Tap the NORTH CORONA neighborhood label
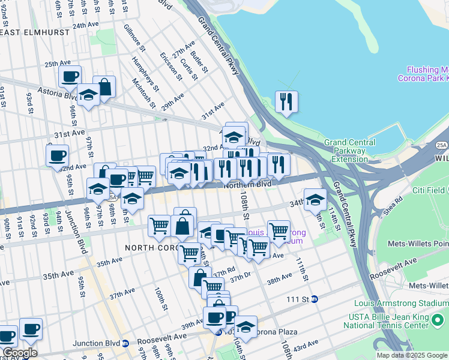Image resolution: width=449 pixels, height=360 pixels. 151,247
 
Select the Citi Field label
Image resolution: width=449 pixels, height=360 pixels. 428,190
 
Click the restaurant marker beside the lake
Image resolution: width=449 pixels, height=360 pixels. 286,101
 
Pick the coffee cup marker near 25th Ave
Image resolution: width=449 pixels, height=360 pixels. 70,77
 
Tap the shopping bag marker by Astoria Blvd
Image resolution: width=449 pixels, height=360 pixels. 104,87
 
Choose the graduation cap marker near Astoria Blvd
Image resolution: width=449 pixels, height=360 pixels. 88,97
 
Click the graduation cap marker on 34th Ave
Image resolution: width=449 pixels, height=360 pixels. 315,200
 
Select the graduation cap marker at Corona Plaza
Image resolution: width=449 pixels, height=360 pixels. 245,327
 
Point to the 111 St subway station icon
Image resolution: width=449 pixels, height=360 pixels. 315,299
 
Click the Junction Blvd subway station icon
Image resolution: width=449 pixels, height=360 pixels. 125,344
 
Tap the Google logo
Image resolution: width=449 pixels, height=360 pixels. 20,353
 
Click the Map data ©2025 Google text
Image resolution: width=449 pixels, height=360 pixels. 412,355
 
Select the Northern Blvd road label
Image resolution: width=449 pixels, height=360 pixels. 247,184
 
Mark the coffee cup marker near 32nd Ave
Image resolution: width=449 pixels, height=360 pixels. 57,156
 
